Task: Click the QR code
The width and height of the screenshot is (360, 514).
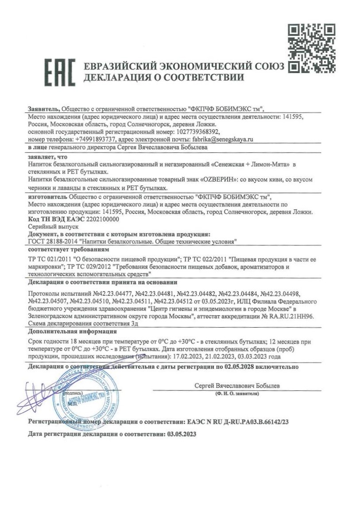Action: point(311,48)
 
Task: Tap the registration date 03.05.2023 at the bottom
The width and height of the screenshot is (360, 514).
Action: point(182,435)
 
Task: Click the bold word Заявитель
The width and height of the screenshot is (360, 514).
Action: point(43,109)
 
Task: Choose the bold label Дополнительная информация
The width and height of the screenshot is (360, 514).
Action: point(72,331)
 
